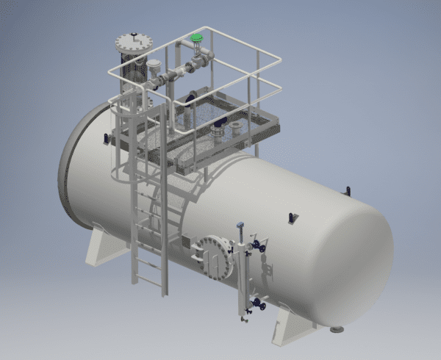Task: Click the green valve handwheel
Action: point(196,37)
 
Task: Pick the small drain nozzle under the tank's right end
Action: point(337,328)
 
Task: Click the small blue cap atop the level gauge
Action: point(240,223)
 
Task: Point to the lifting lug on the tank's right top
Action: point(347,192)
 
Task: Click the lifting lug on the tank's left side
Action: point(107,138)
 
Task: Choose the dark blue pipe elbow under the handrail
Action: point(190,96)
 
